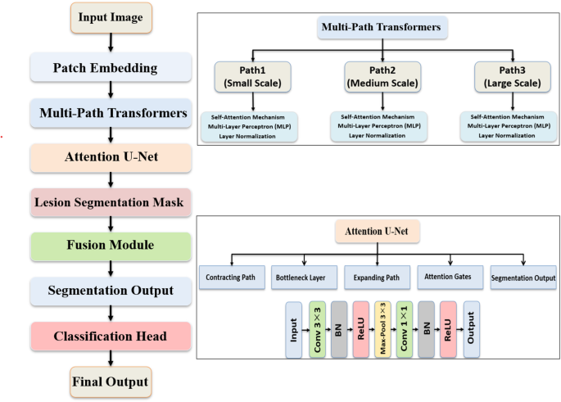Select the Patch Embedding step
110,67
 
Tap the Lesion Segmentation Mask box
110,200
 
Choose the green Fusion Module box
110,245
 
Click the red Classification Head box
110,336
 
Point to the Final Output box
110,382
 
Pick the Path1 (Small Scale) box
250,76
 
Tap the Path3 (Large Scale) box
509,76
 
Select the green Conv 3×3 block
317,328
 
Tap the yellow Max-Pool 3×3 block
381,328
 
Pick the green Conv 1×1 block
403,328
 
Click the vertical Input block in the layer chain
294,328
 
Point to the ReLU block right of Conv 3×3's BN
360,328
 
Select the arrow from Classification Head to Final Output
110,359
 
